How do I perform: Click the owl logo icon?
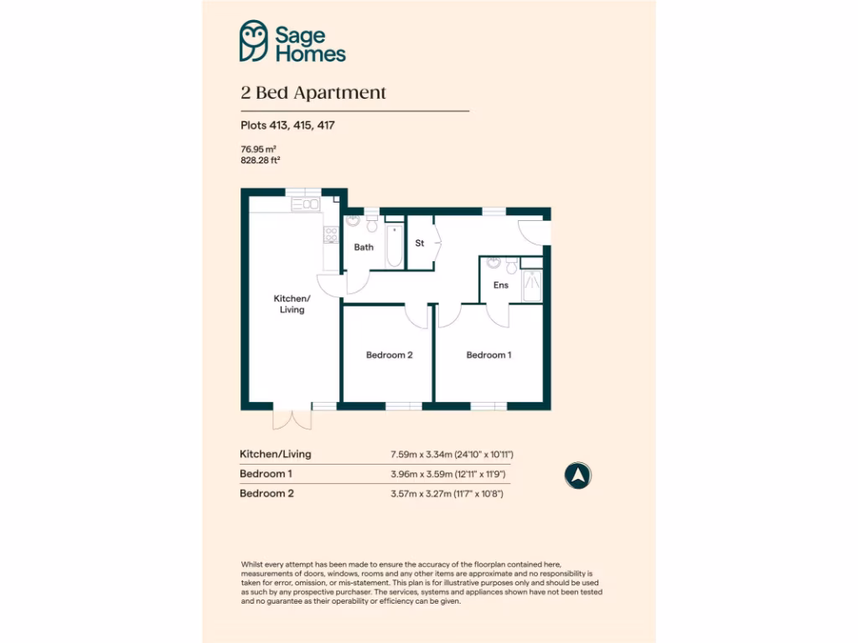(x=254, y=42)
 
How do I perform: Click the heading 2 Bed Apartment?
(x=313, y=93)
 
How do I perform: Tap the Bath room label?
(x=364, y=247)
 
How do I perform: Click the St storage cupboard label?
(x=420, y=244)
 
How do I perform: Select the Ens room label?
(x=500, y=285)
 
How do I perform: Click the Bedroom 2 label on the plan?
(x=389, y=355)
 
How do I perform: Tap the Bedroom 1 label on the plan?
(x=488, y=355)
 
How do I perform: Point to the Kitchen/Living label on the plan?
(x=292, y=304)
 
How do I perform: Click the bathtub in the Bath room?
(x=395, y=246)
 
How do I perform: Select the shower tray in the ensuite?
(x=530, y=285)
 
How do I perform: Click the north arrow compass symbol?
(x=577, y=476)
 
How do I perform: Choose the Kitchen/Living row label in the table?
(x=276, y=454)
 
